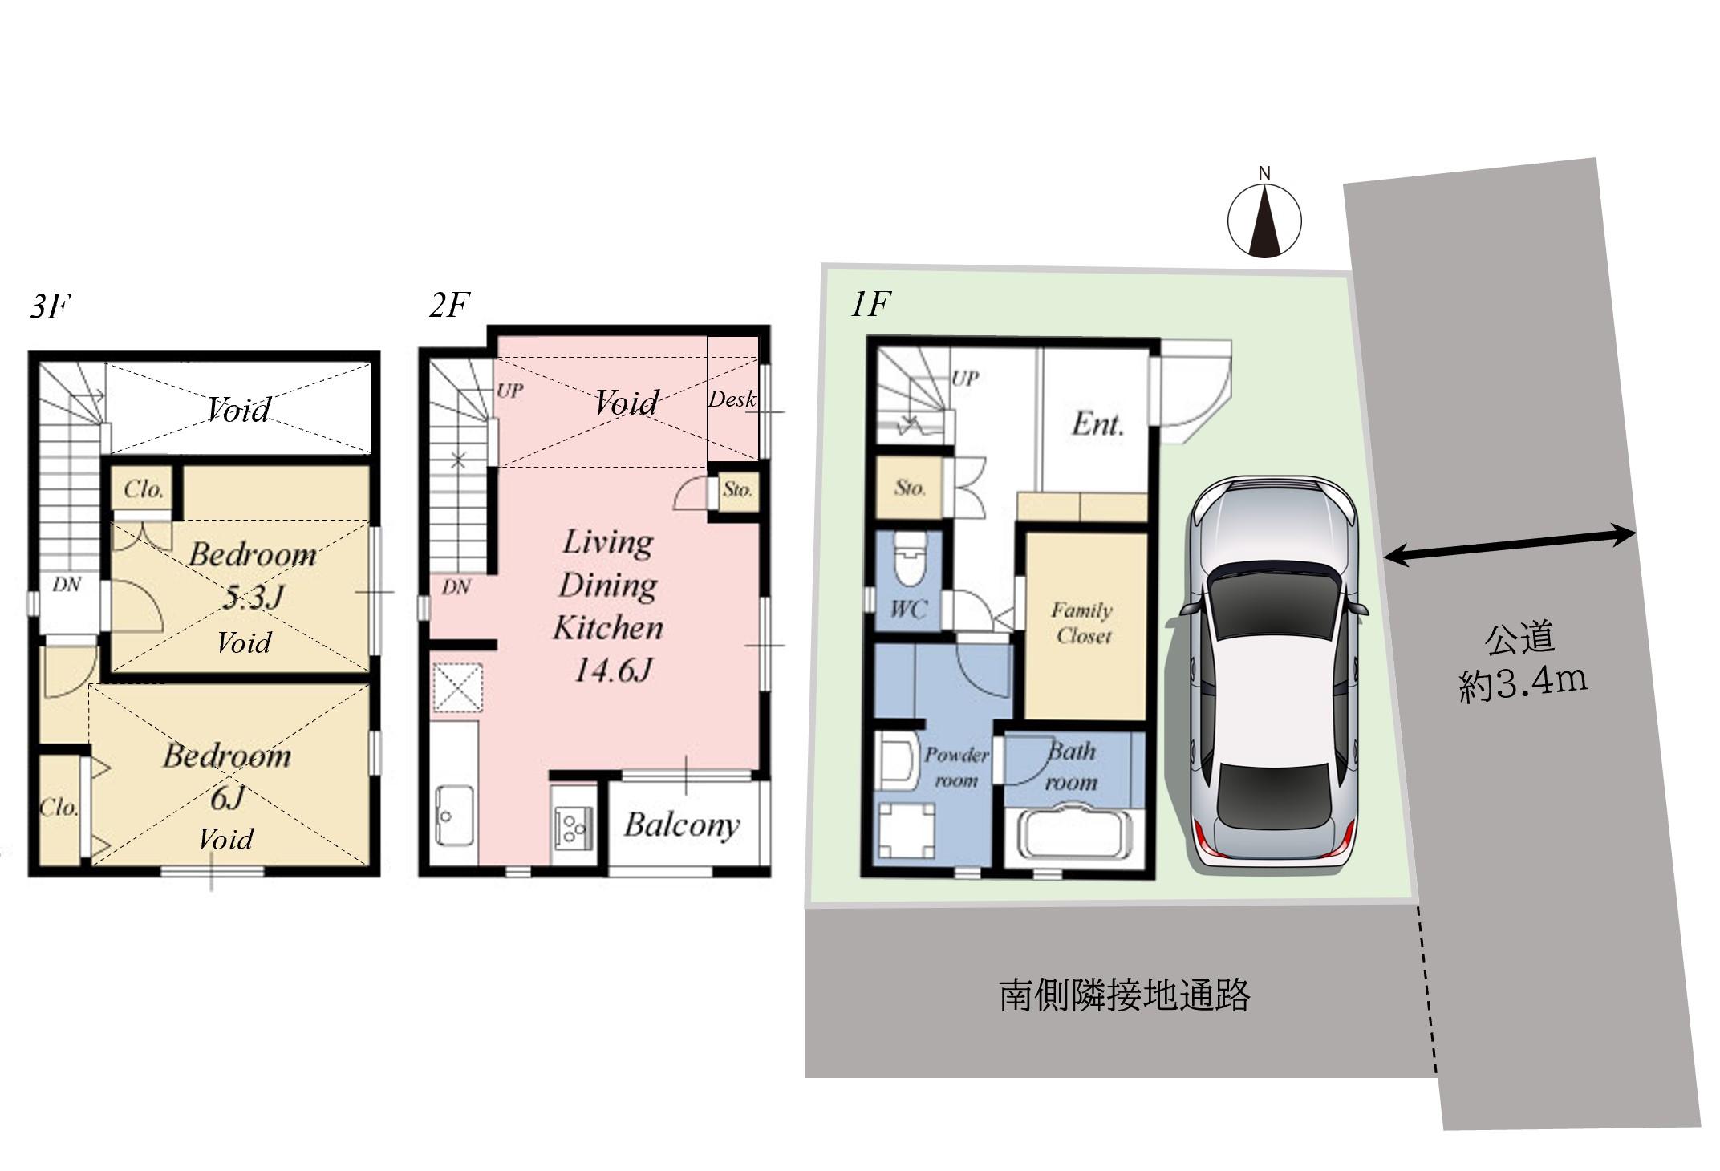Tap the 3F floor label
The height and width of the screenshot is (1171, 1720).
click(51, 306)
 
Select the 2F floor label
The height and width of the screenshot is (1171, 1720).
click(449, 306)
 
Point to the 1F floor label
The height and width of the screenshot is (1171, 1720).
click(870, 304)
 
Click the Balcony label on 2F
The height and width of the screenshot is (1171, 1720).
click(682, 825)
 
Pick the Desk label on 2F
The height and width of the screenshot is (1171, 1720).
click(732, 399)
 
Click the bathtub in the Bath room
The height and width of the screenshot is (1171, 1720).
click(1075, 834)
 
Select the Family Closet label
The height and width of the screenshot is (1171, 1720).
click(1083, 623)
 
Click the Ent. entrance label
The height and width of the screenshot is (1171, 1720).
click(1097, 424)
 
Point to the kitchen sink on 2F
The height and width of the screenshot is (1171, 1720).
click(454, 815)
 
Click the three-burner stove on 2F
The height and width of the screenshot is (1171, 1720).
click(574, 828)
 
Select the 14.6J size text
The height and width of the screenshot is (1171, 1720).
click(613, 670)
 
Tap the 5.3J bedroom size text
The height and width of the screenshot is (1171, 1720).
click(254, 597)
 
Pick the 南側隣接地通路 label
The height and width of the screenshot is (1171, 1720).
click(1124, 995)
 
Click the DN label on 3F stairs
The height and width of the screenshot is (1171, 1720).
click(67, 585)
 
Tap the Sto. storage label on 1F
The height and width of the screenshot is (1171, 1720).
click(910, 488)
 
